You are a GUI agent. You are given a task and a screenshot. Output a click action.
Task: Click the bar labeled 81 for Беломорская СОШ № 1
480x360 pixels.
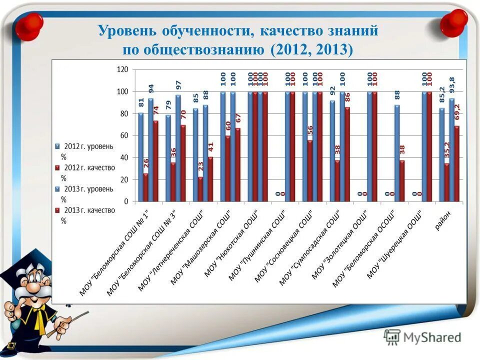140,157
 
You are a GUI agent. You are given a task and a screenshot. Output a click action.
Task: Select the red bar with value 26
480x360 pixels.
145,187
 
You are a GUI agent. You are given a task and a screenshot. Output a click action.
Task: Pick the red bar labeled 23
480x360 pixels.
200,189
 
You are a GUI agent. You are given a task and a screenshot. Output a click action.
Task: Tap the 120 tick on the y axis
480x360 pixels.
122,69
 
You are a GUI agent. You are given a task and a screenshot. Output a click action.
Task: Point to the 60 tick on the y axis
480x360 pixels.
123,135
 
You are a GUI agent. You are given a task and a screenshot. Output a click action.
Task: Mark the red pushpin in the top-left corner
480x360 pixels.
32,23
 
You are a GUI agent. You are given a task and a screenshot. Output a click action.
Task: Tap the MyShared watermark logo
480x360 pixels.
422,337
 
